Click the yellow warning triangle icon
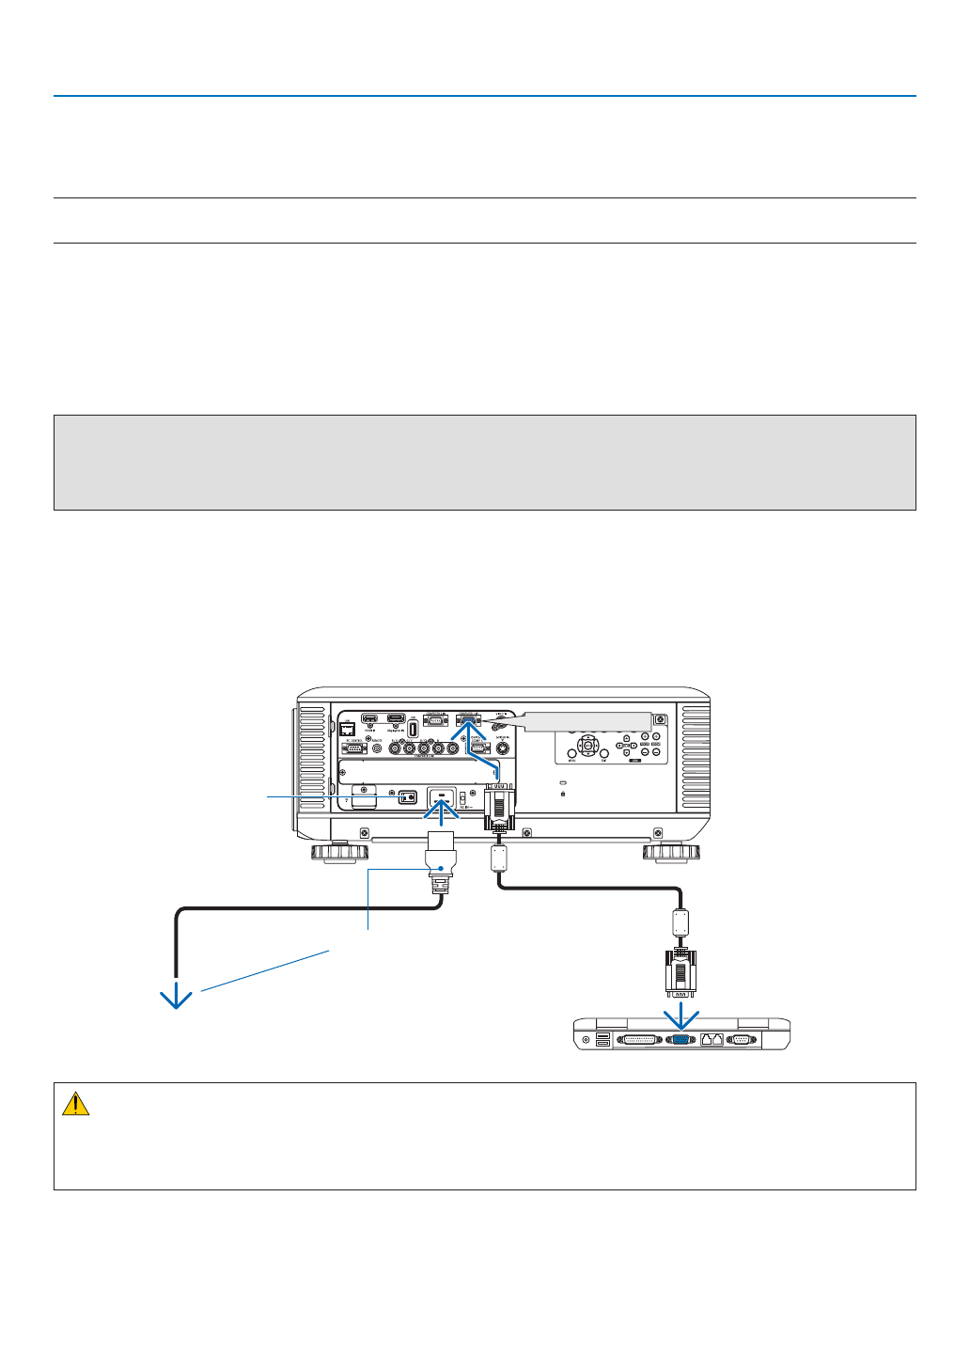click(x=75, y=1104)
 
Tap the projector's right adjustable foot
click(x=671, y=853)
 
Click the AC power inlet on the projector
click(x=442, y=799)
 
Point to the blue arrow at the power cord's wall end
click(x=176, y=998)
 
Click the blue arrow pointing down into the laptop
click(x=681, y=1016)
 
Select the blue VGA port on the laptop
click(x=681, y=1040)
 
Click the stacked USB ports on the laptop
click(x=602, y=1039)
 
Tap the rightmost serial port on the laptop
click(x=742, y=1040)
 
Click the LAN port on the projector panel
click(x=347, y=729)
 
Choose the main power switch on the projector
click(x=408, y=796)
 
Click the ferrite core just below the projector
click(x=499, y=858)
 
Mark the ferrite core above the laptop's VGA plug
click(x=681, y=921)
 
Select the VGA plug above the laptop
click(x=681, y=971)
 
